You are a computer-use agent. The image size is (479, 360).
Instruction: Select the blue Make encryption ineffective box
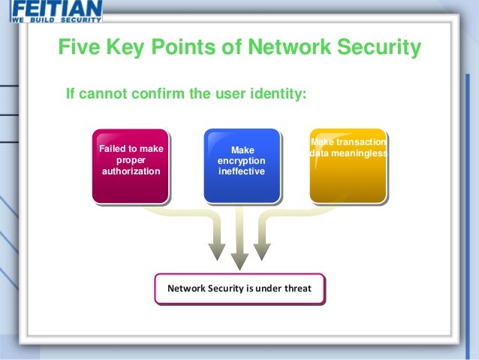242,166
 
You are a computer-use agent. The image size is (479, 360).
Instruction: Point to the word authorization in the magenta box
131,171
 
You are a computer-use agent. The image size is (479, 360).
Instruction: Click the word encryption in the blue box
242,161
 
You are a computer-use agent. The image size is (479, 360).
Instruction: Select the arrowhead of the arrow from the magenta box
217,252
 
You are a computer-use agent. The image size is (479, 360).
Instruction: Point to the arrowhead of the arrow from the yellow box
262,252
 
